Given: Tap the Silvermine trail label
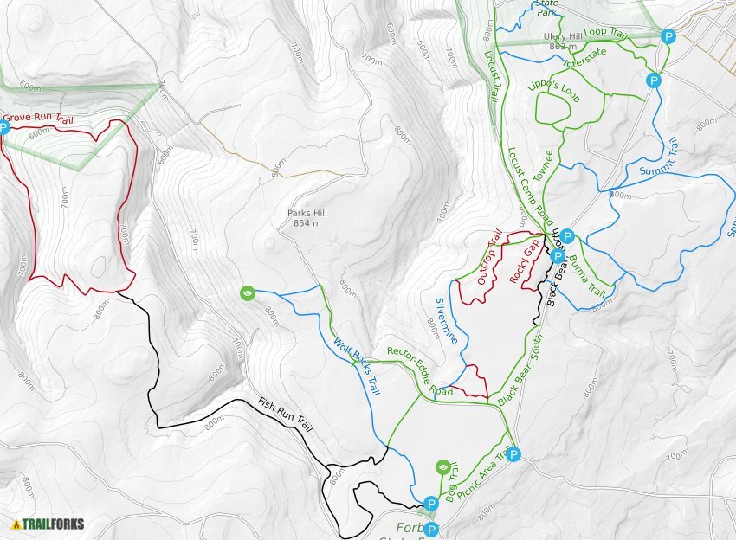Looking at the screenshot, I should click(446, 321).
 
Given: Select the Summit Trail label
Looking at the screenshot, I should click(662, 158).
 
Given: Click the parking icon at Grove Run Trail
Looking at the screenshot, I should click(3, 127).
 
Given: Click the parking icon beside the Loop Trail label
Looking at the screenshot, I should click(668, 36).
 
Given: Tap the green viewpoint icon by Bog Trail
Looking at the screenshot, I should click(444, 467).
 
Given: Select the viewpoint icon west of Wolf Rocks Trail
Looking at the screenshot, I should click(249, 293).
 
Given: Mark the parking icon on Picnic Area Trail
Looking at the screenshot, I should click(513, 453).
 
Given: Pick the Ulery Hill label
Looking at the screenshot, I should click(560, 36).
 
